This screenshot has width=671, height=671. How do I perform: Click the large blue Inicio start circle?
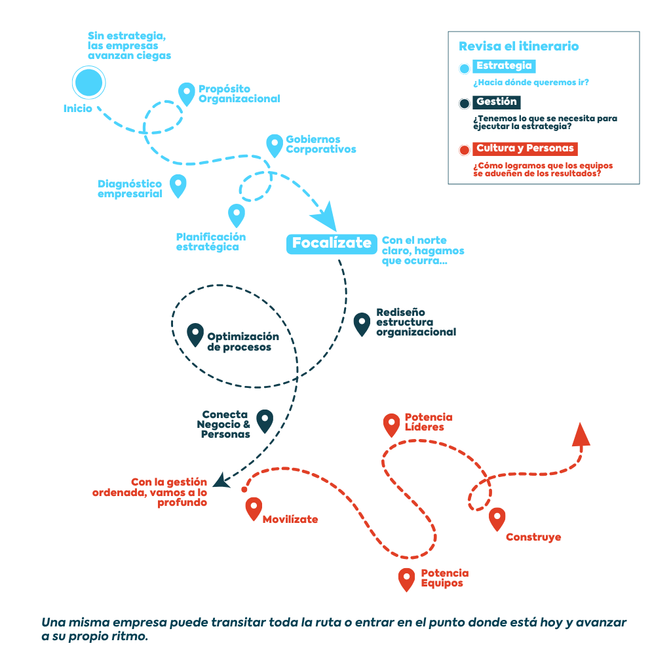[88, 83]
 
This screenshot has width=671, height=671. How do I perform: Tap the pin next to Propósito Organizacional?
[187, 94]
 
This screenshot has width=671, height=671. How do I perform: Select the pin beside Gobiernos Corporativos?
[275, 145]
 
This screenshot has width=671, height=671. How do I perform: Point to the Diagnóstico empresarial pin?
[178, 185]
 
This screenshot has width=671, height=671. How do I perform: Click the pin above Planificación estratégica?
[236, 215]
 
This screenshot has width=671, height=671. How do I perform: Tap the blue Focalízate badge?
[332, 244]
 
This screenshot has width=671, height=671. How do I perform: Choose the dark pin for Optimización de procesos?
[195, 334]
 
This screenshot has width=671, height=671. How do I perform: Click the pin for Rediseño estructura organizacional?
[362, 324]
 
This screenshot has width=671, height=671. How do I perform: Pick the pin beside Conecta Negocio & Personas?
[265, 421]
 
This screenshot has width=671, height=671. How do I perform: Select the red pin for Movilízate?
[254, 508]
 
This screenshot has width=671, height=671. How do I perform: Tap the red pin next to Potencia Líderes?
[391, 425]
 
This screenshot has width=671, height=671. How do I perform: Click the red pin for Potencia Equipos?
[406, 579]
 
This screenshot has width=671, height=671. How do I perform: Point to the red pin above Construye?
[497, 519]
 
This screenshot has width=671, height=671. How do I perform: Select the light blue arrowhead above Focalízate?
[326, 218]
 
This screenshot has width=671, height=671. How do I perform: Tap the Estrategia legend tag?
[504, 66]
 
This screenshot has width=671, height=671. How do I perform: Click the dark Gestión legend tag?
[497, 102]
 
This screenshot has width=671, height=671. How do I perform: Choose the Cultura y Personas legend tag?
[525, 149]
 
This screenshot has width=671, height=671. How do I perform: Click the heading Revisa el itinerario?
[519, 47]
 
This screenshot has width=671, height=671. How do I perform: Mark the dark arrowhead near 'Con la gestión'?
[221, 480]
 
